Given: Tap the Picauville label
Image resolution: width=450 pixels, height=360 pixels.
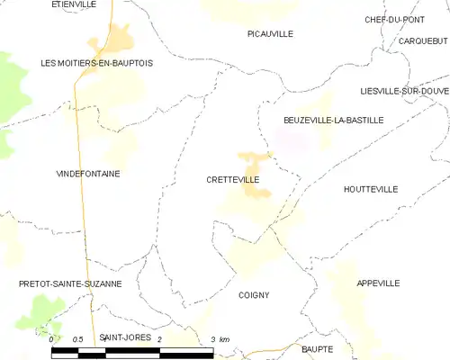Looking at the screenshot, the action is tap(270, 33).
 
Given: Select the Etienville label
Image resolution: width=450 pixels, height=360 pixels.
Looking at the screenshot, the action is tap(74, 4).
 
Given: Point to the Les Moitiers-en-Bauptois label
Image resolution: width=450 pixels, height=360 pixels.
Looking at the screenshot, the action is tap(97, 63).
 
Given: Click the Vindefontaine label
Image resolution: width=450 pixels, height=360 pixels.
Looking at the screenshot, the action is tap(88, 173).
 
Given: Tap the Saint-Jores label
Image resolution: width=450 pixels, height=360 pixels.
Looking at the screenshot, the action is tap(123, 337).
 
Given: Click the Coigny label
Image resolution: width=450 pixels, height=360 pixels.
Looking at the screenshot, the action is tap(254, 294).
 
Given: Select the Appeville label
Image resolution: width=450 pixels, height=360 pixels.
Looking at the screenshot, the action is tap(377, 283).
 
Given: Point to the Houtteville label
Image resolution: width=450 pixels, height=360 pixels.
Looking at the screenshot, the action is tap(370, 189).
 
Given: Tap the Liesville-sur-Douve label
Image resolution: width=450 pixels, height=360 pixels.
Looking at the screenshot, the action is tap(402, 92).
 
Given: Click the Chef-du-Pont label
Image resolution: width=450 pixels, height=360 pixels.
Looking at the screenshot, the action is tap(394, 19).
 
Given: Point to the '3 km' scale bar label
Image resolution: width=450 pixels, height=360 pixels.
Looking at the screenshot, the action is tap(219, 339).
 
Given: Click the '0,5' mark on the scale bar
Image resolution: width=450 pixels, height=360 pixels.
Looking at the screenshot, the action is tap(78, 339).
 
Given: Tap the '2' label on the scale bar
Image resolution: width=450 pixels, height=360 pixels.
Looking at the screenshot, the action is tap(159, 339).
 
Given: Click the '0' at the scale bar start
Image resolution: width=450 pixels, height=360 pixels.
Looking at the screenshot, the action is tap(50, 339).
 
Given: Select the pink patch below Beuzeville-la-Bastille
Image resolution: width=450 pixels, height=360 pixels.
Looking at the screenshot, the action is tap(291, 139).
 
